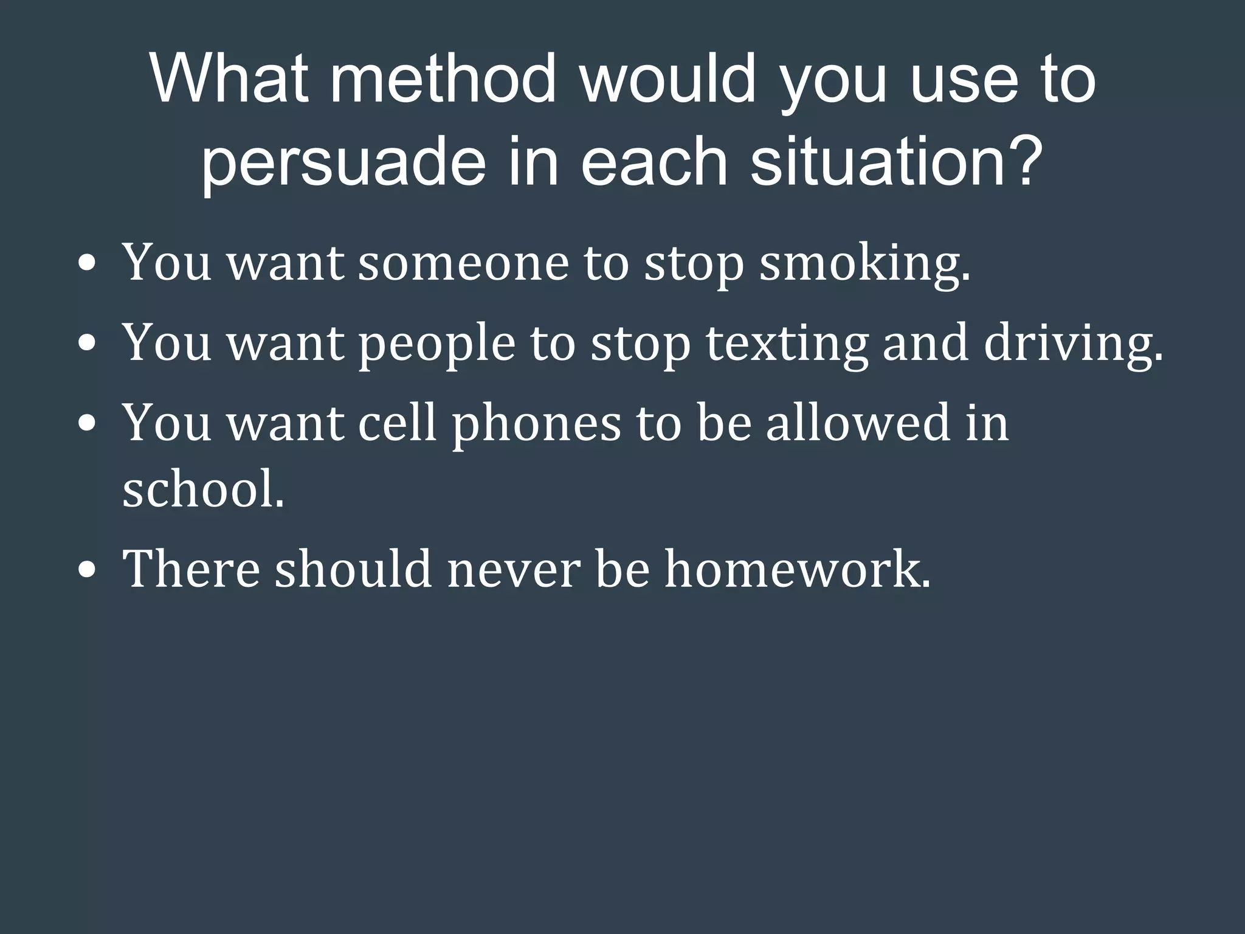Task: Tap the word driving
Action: (x=1073, y=344)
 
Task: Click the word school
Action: (x=203, y=489)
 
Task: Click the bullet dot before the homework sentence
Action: (x=87, y=572)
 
